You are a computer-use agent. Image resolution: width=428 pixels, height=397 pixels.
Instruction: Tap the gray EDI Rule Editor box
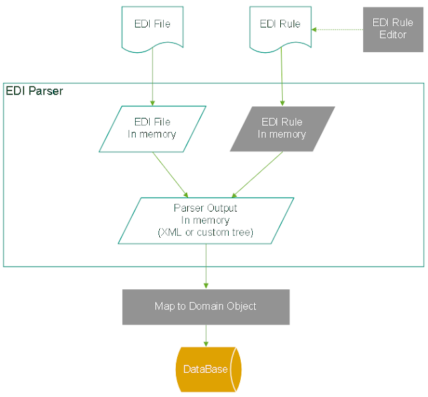pos(393,29)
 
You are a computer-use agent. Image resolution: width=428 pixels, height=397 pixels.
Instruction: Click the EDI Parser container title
pos(34,91)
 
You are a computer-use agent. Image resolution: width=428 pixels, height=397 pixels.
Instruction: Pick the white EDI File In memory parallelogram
pos(152,129)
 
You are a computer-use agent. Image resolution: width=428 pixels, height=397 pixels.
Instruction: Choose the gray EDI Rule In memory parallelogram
pos(282,129)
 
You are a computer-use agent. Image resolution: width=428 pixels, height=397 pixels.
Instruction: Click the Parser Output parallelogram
pos(206,220)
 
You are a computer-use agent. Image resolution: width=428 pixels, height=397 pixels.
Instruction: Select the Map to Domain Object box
pos(205,307)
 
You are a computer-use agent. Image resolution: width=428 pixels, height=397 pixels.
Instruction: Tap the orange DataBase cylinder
pos(207,370)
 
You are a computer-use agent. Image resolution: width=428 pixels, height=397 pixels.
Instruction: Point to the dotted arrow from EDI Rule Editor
pos(337,29)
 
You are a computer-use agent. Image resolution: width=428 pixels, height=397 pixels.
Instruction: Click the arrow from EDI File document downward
pos(152,77)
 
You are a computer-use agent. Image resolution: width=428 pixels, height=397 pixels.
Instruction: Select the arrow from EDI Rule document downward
pos(281,77)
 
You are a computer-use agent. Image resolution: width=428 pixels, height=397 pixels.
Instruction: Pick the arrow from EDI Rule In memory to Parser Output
pos(256,175)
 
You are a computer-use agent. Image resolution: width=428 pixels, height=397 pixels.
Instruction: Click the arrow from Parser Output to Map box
pos(206,266)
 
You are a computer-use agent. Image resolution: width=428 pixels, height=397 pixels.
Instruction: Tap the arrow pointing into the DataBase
pos(206,336)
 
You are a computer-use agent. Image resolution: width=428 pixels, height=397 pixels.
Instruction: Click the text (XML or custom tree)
pos(205,232)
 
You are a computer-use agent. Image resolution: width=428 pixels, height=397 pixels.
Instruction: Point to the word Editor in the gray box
pos(393,35)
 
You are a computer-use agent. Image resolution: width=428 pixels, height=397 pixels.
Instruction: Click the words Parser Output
pos(205,208)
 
